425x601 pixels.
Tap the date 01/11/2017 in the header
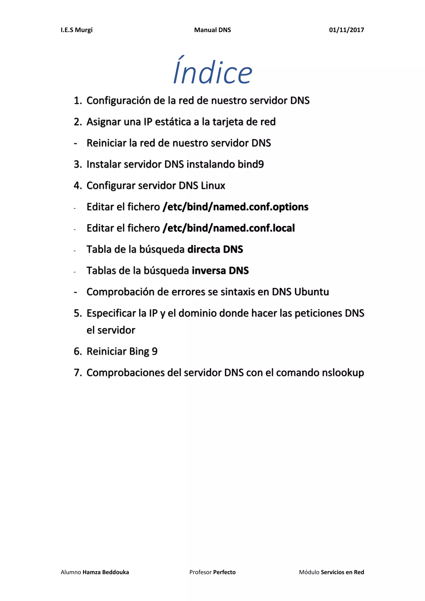[x=346, y=30]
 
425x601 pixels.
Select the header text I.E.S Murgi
[x=76, y=30]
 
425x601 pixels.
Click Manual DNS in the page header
[x=212, y=30]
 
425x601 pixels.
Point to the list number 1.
[x=77, y=100]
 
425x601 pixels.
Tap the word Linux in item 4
[x=213, y=186]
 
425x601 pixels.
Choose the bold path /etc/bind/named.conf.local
[x=228, y=228]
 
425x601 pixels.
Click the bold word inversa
[x=209, y=271]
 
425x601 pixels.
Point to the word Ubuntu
[x=311, y=292]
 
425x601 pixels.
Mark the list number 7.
[x=77, y=373]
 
